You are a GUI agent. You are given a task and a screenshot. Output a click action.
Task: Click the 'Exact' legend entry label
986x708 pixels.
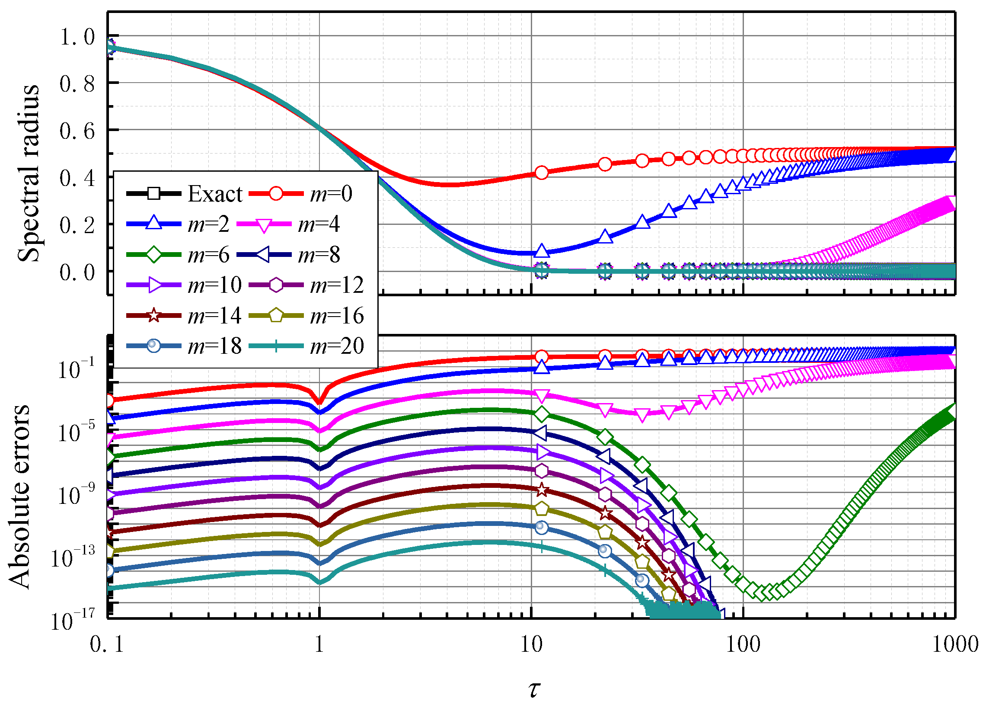tap(215, 194)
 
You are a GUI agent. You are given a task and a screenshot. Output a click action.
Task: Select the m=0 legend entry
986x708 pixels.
tap(330, 194)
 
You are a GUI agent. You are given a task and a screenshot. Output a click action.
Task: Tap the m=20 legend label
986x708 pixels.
tap(336, 346)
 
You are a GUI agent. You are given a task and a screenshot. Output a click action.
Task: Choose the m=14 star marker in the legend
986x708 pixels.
tap(153, 315)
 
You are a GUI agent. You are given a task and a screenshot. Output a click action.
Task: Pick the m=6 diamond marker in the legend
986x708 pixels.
tap(153, 254)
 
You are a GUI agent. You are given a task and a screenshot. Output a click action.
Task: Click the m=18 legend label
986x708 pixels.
tap(214, 346)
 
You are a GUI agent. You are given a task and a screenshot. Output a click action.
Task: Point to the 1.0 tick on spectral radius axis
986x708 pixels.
tap(77, 37)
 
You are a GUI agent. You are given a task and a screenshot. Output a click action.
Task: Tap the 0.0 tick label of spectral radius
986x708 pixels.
tap(77, 273)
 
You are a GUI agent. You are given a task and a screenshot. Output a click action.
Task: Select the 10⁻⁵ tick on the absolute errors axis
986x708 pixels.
tap(76, 432)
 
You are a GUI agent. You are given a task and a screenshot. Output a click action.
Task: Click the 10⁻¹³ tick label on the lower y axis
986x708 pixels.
tap(73, 558)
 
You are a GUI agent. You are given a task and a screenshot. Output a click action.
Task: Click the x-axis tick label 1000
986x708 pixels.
tap(955, 644)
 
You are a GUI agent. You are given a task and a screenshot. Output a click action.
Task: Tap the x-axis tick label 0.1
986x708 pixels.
tap(107, 644)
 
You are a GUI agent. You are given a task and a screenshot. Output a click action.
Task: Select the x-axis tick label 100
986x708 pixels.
tap(743, 644)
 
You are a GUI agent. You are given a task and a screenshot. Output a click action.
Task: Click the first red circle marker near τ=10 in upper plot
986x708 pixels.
tap(541, 173)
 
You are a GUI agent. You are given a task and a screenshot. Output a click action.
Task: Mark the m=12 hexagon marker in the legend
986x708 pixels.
tap(276, 285)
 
